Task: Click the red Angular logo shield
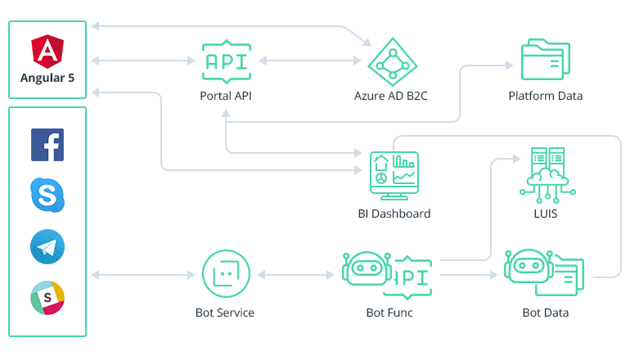[x=47, y=51]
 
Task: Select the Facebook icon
[x=47, y=145]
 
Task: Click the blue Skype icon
[x=47, y=195]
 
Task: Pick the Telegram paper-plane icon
[x=47, y=246]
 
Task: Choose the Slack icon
[x=47, y=297]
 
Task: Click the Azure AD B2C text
[x=390, y=96]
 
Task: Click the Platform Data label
[x=545, y=96]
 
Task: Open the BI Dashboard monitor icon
[x=394, y=173]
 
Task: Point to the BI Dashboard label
[x=394, y=214]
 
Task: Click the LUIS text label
[x=546, y=214]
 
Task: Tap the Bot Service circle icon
[x=224, y=274]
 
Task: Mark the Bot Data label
[x=545, y=313]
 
